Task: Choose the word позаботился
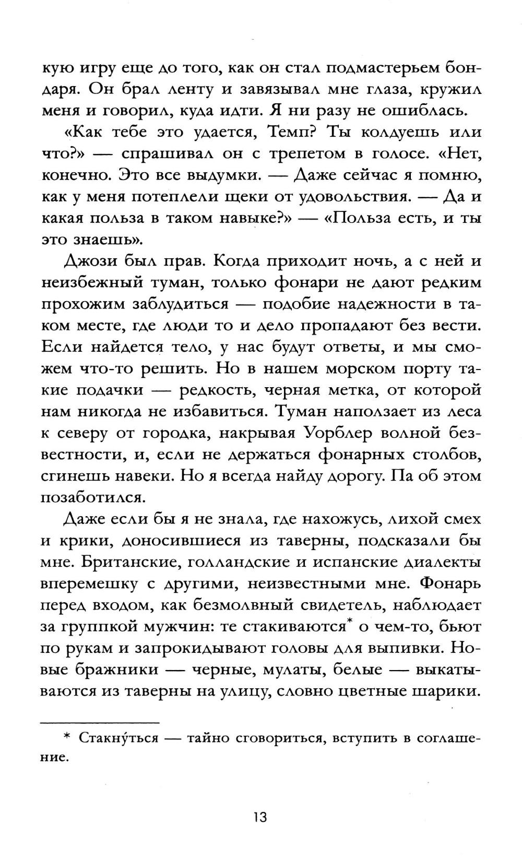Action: point(92,498)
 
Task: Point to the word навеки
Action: point(122,476)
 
